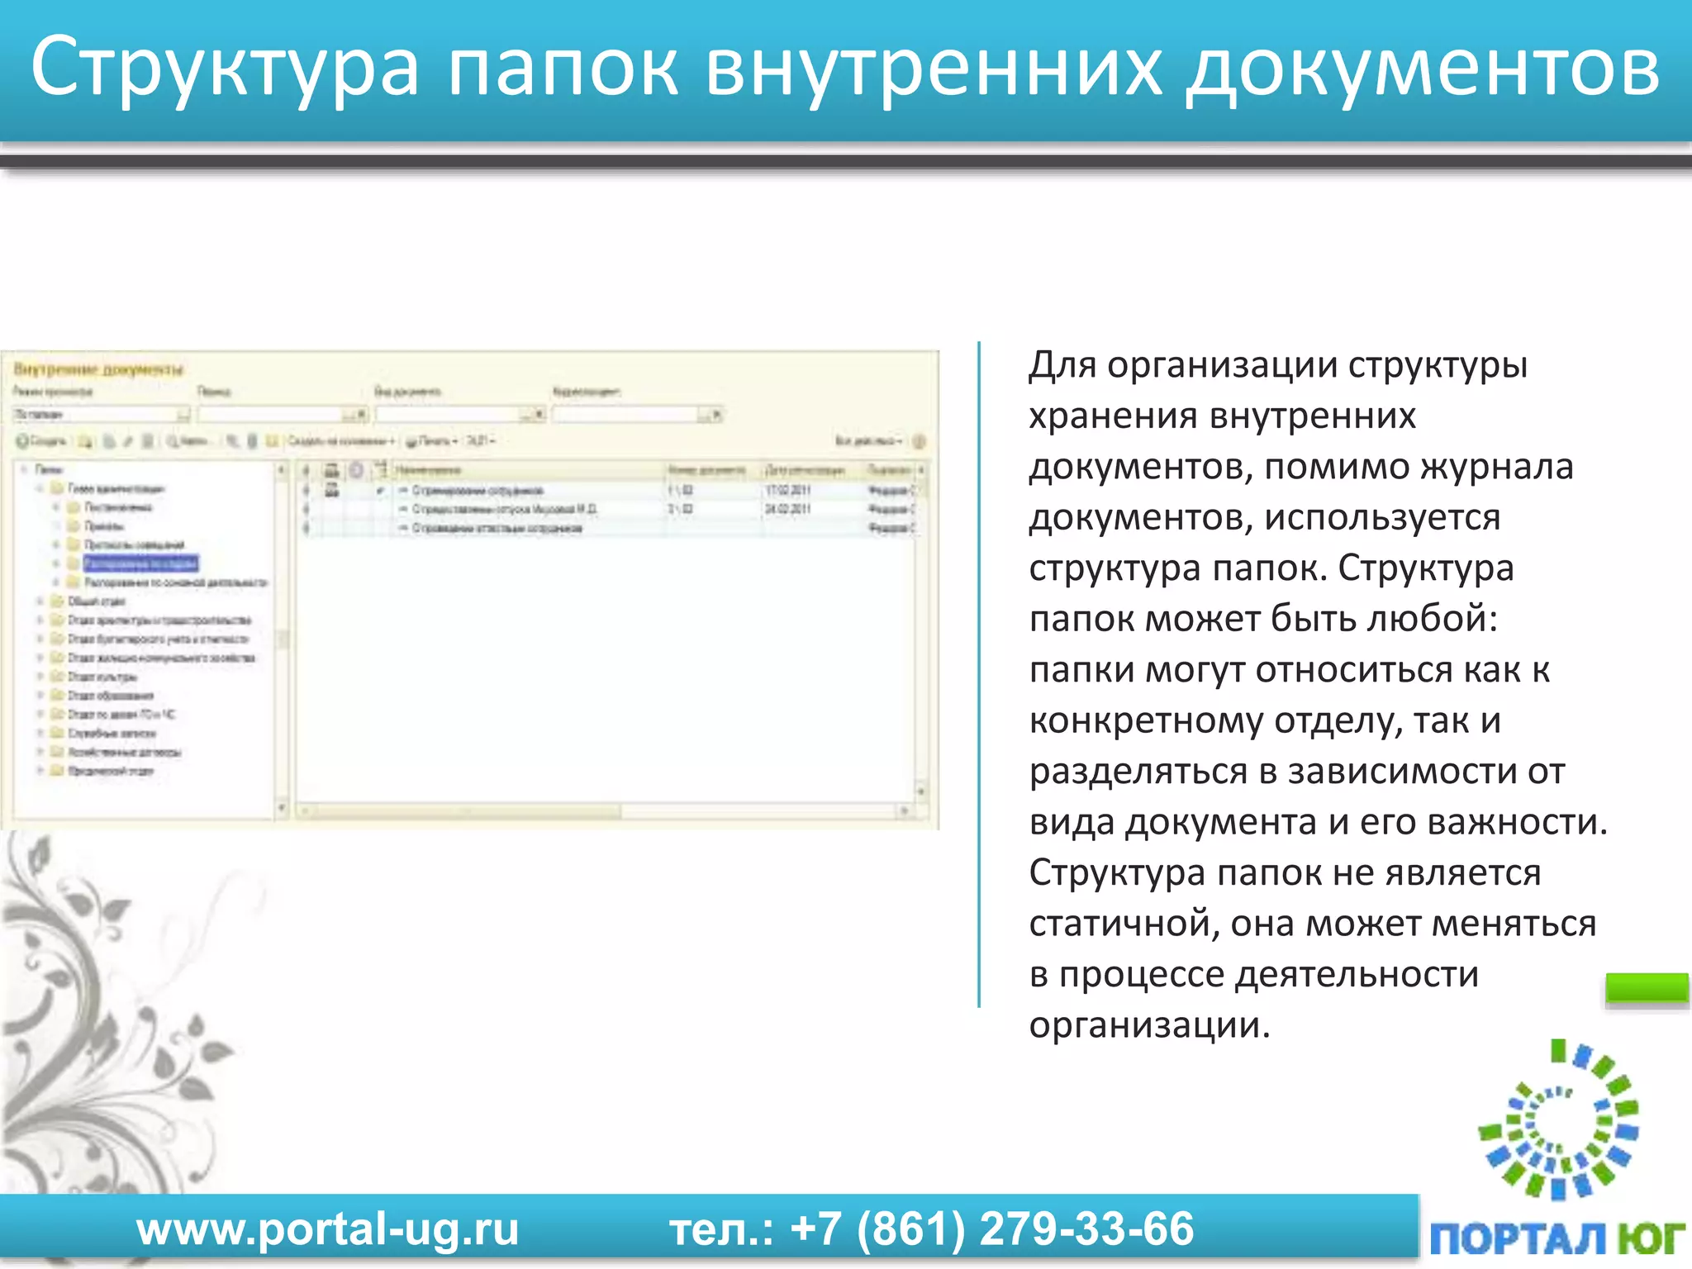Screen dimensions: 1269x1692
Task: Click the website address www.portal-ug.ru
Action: pos(327,1229)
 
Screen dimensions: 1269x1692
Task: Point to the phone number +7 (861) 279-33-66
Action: pos(991,1229)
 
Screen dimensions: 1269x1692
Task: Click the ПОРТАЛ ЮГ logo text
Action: pos(1557,1238)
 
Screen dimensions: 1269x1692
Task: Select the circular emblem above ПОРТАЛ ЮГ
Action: pos(1558,1120)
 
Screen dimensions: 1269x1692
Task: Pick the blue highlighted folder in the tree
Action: pos(140,563)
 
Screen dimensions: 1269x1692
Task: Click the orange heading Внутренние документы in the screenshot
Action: pos(98,368)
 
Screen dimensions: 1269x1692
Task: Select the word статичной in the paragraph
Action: pos(1124,924)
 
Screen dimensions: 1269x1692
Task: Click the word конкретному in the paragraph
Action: pos(1145,720)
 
